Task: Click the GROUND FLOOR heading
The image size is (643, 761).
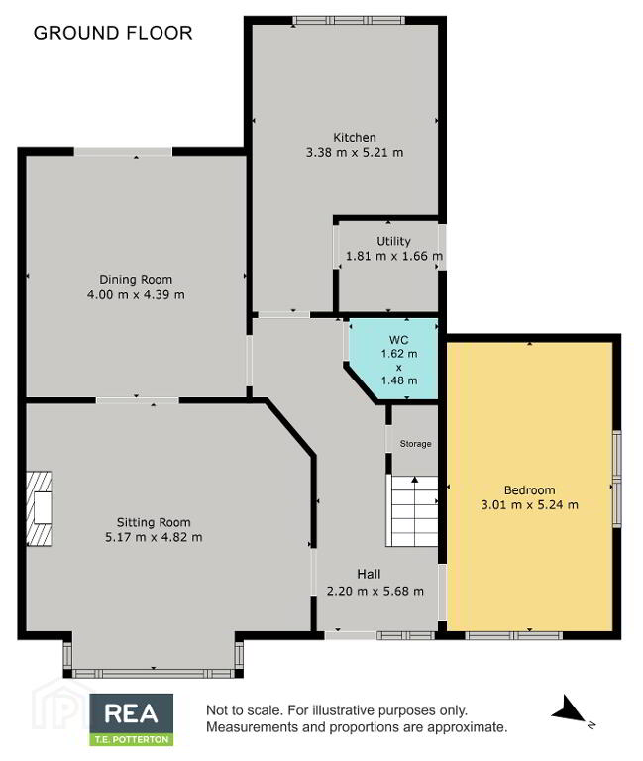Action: click(113, 33)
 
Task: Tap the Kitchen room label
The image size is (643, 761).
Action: click(355, 138)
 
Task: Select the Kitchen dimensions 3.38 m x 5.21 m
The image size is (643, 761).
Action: click(355, 152)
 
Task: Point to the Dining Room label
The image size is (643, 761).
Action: click(136, 280)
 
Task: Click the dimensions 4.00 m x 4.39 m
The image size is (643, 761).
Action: click(136, 294)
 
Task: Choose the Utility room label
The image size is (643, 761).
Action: click(393, 241)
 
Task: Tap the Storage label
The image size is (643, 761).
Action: click(415, 444)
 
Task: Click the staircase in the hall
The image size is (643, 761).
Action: click(412, 511)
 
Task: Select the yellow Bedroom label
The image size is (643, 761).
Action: click(529, 490)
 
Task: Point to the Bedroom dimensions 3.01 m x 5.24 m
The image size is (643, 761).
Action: click(529, 504)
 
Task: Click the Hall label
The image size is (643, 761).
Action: click(369, 574)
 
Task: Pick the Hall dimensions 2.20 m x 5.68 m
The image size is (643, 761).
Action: click(375, 591)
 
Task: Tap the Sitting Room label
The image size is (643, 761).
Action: click(154, 523)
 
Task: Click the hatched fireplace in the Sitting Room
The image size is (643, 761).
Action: click(39, 508)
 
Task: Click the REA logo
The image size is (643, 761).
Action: click(132, 713)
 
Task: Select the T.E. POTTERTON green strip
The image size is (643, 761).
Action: click(132, 739)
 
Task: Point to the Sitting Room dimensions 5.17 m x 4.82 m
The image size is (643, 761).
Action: click(154, 537)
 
